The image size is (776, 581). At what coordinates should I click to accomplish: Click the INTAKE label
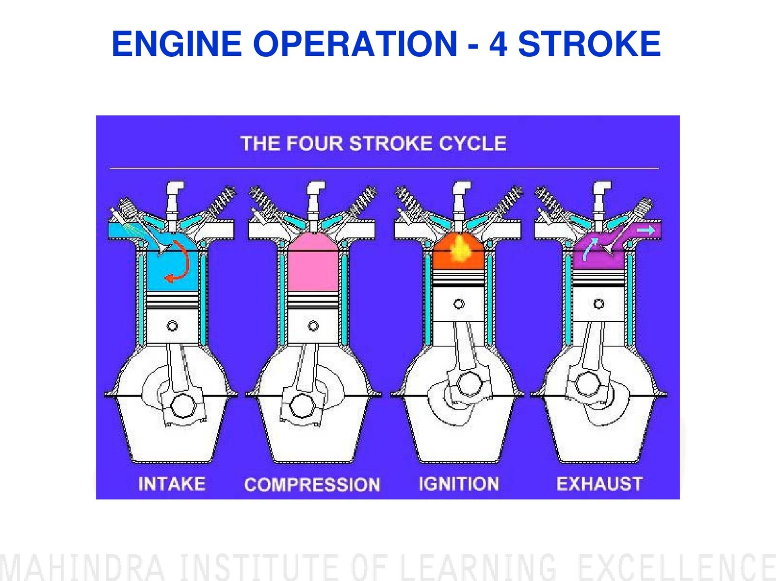172,484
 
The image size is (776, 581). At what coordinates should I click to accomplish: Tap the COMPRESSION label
312,485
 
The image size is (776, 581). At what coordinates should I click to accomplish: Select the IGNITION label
458,484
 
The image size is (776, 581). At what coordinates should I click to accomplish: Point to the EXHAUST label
599,484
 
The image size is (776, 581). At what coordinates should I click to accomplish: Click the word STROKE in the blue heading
589,44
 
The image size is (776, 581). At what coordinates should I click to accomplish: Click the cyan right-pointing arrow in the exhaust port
646,230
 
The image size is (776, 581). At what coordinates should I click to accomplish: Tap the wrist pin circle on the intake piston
172,326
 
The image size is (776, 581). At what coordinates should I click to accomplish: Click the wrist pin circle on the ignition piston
459,304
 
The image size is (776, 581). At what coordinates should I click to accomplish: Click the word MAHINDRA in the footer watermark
82,567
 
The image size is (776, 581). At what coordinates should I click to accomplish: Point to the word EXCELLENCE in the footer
677,567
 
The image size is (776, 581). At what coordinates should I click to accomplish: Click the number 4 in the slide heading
498,44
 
